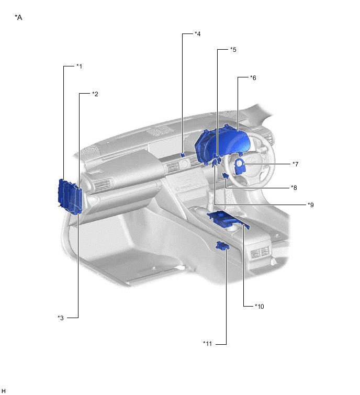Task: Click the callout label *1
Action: pyautogui.click(x=79, y=66)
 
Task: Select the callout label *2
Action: pyautogui.click(x=95, y=94)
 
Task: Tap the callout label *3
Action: pyautogui.click(x=61, y=318)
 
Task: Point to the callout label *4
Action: pyautogui.click(x=197, y=34)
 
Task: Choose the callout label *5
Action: pyautogui.click(x=233, y=49)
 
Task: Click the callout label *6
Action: pyautogui.click(x=253, y=78)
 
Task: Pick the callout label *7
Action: pyautogui.click(x=295, y=164)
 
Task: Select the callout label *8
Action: pyautogui.click(x=294, y=187)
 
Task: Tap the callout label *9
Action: pyautogui.click(x=311, y=205)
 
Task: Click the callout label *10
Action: pyautogui.click(x=259, y=307)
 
